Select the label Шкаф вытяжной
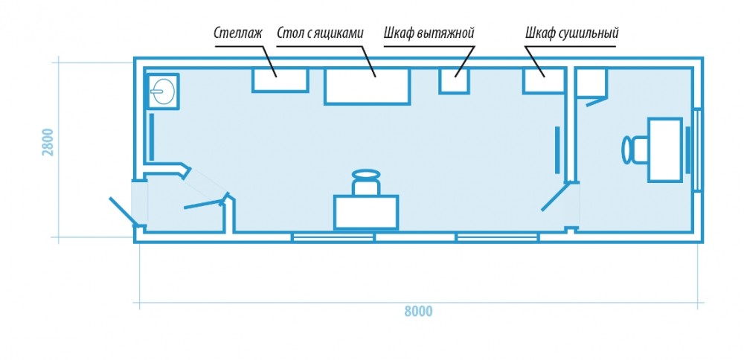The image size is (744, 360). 429,33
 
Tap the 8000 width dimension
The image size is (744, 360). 418,312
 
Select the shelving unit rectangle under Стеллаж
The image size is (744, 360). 280,80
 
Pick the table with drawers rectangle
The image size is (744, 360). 368,86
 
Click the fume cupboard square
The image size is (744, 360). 453,80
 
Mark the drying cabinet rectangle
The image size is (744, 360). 544,80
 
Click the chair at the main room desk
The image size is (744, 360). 366,182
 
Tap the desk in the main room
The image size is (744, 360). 365,211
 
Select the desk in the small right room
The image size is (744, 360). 665,150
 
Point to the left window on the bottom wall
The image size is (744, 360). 333,237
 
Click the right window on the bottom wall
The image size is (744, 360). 496,237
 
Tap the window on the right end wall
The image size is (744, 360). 698,150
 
